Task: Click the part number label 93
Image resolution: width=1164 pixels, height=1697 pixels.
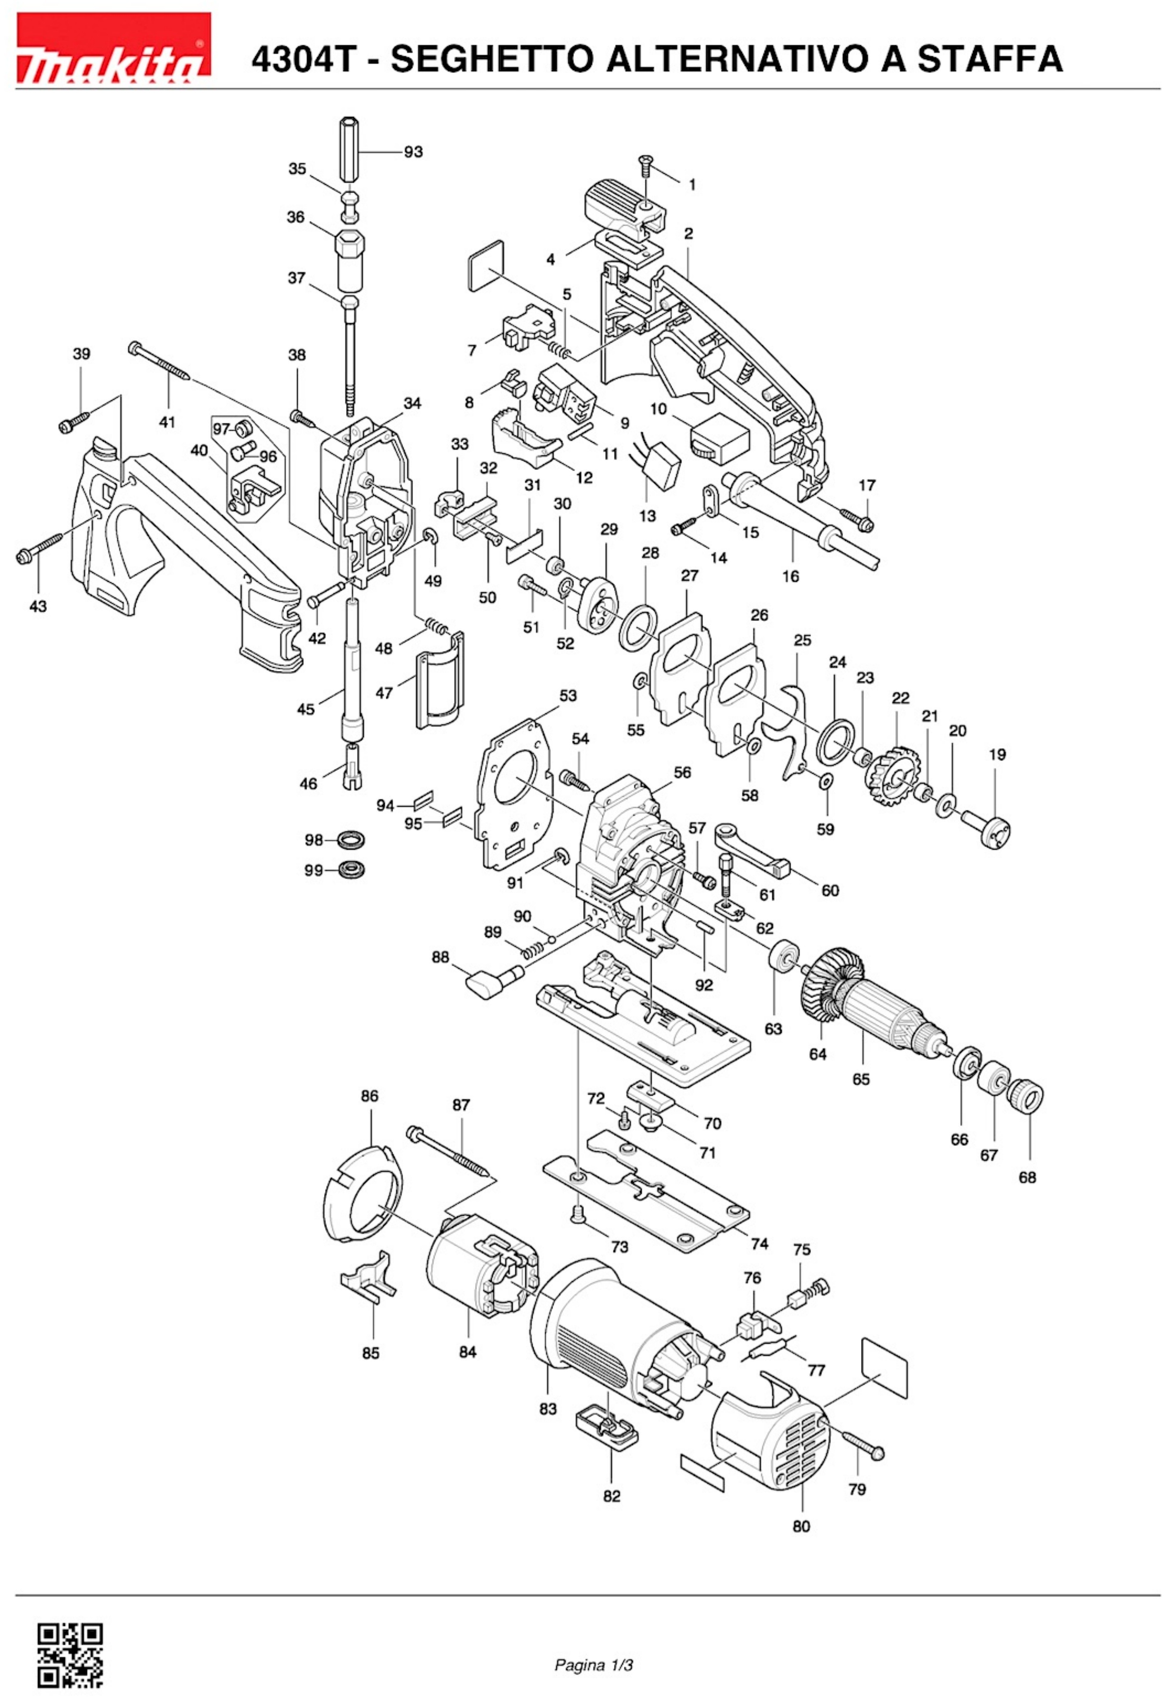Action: [413, 152]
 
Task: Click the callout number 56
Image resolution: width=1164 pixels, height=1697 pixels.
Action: [682, 772]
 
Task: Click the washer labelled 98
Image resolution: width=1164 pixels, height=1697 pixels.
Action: [352, 840]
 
